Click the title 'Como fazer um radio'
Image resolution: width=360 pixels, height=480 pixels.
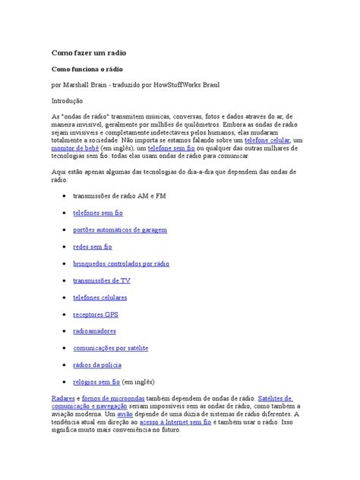click(x=88, y=54)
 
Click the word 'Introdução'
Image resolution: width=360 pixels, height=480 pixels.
click(x=70, y=99)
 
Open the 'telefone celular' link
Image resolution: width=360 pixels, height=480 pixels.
click(x=267, y=141)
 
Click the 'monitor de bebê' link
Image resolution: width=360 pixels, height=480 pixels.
click(x=77, y=150)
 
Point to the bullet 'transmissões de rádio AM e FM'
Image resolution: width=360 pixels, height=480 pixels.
click(x=119, y=196)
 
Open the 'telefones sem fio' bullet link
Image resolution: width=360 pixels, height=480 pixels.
click(x=98, y=213)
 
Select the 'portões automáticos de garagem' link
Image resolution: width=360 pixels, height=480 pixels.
click(x=120, y=230)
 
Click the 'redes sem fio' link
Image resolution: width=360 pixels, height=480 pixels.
click(x=92, y=247)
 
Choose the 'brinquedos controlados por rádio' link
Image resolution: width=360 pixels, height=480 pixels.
click(x=122, y=264)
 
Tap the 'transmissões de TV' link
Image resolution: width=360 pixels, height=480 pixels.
click(x=102, y=280)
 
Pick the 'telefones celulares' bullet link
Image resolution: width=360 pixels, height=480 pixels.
click(x=100, y=297)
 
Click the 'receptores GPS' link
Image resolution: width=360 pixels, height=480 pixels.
click(x=96, y=314)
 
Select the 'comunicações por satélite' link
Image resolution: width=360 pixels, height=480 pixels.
click(x=111, y=347)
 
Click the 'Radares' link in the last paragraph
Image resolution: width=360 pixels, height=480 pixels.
click(x=63, y=398)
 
